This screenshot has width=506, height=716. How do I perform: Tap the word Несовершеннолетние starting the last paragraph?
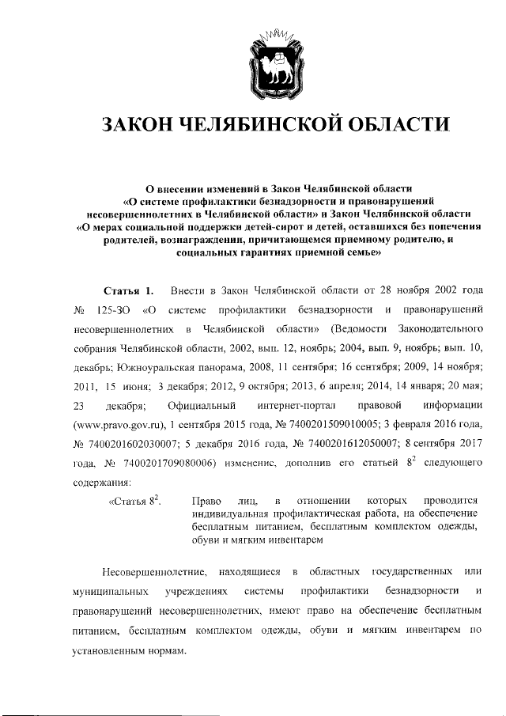click(149, 570)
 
